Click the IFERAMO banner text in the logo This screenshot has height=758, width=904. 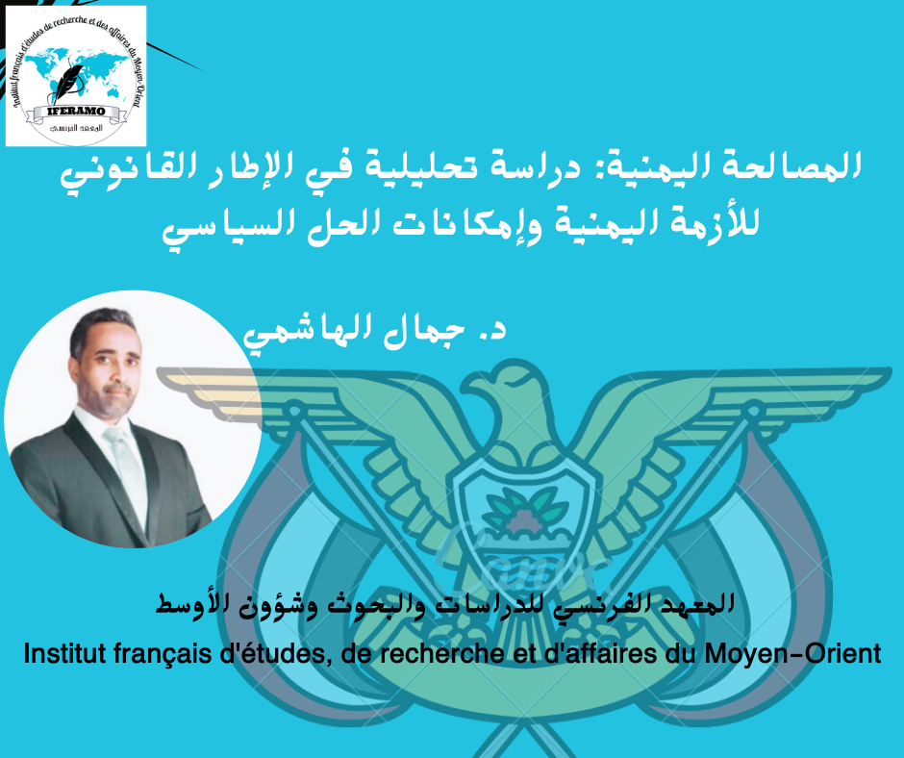click(76, 111)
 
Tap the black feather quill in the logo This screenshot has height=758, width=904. click(68, 83)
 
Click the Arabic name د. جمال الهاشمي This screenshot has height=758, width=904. click(375, 332)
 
